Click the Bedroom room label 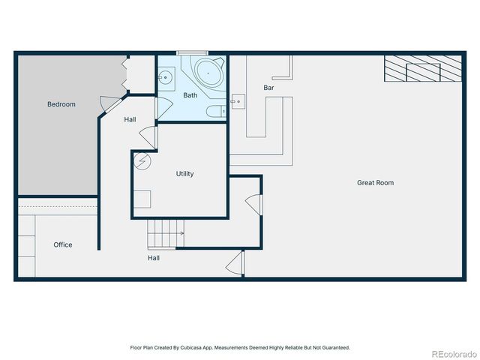click(61, 104)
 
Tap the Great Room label click(375, 182)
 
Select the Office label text click(63, 244)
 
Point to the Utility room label click(184, 173)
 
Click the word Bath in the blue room click(190, 95)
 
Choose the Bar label click(268, 88)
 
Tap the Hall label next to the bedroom click(130, 119)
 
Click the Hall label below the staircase click(153, 257)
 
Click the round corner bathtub click(209, 73)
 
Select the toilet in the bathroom click(215, 112)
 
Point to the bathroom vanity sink click(166, 76)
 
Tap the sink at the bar click(237, 100)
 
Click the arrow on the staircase click(180, 233)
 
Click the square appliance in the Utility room click(142, 199)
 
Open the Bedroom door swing click(109, 105)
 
